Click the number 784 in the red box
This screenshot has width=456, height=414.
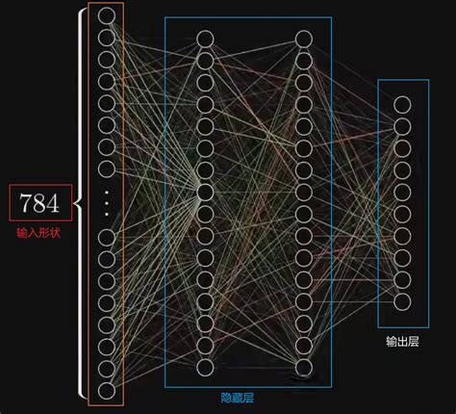pyautogui.click(x=39, y=203)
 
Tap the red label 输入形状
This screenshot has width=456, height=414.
pyautogui.click(x=38, y=233)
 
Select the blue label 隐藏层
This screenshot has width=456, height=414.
pyautogui.click(x=238, y=398)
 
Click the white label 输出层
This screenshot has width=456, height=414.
pyautogui.click(x=403, y=342)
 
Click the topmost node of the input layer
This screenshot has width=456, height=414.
pyautogui.click(x=107, y=15)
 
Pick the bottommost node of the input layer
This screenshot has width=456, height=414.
pyautogui.click(x=107, y=391)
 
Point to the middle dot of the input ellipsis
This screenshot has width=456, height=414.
pyautogui.click(x=107, y=203)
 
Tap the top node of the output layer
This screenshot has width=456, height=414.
pyautogui.click(x=402, y=105)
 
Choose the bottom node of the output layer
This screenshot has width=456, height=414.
pyautogui.click(x=402, y=302)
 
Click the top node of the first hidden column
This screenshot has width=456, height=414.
pyautogui.click(x=205, y=39)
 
